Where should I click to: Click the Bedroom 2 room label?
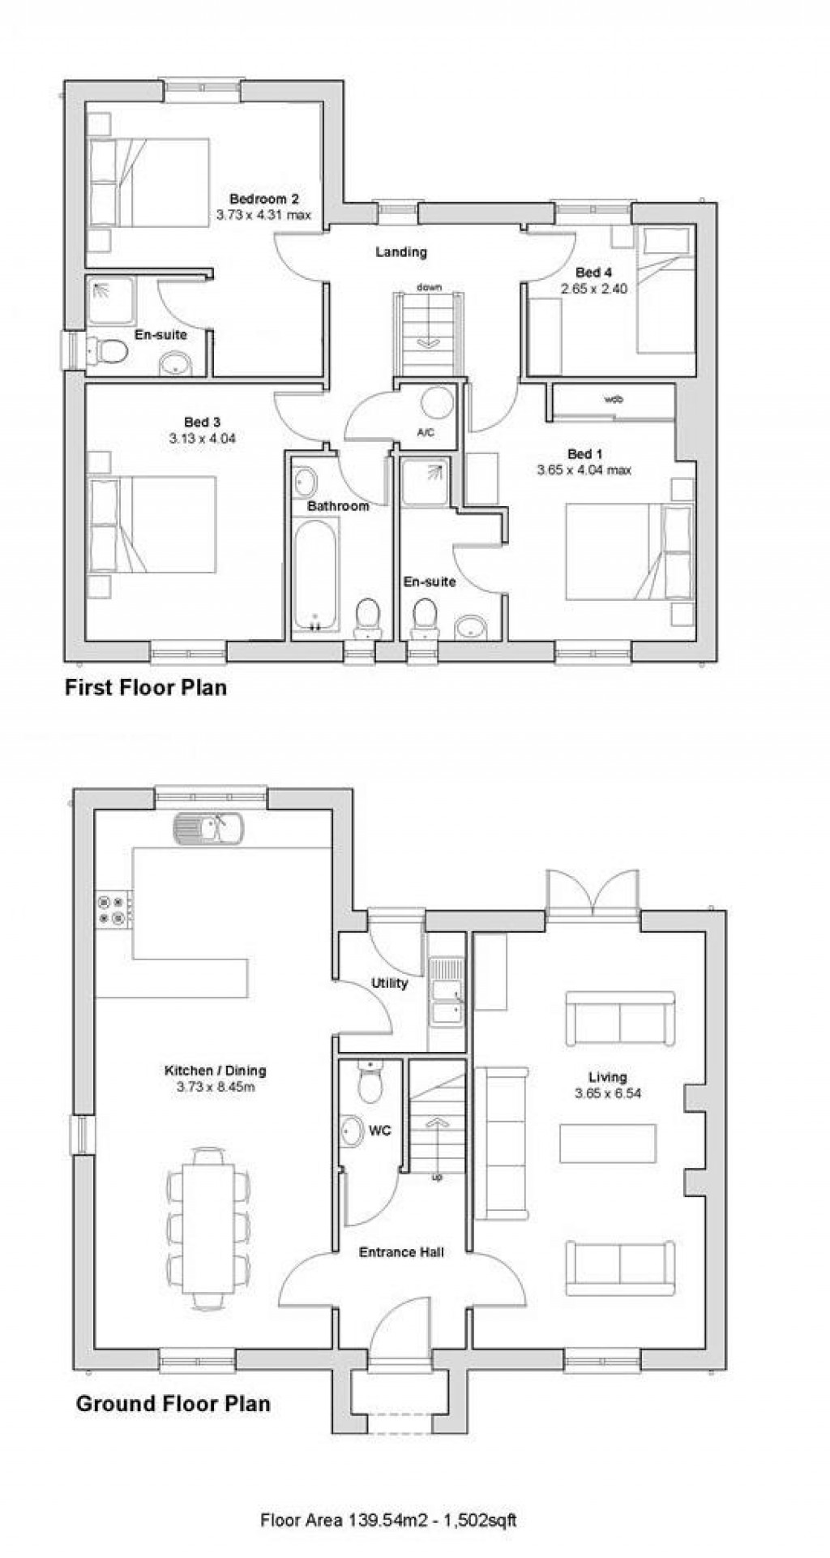(x=264, y=199)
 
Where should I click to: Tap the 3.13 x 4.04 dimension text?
(x=202, y=438)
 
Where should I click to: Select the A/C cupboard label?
(x=426, y=432)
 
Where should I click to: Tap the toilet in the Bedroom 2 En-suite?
(x=109, y=351)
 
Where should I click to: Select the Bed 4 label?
(x=588, y=273)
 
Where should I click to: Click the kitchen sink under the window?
(x=207, y=828)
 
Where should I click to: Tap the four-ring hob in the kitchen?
(x=112, y=909)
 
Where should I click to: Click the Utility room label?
(x=389, y=983)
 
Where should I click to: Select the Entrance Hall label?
(x=401, y=1252)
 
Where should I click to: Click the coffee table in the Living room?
(x=608, y=1144)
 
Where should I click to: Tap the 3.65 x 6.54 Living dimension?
(x=608, y=1093)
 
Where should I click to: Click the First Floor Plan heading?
(x=146, y=688)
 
